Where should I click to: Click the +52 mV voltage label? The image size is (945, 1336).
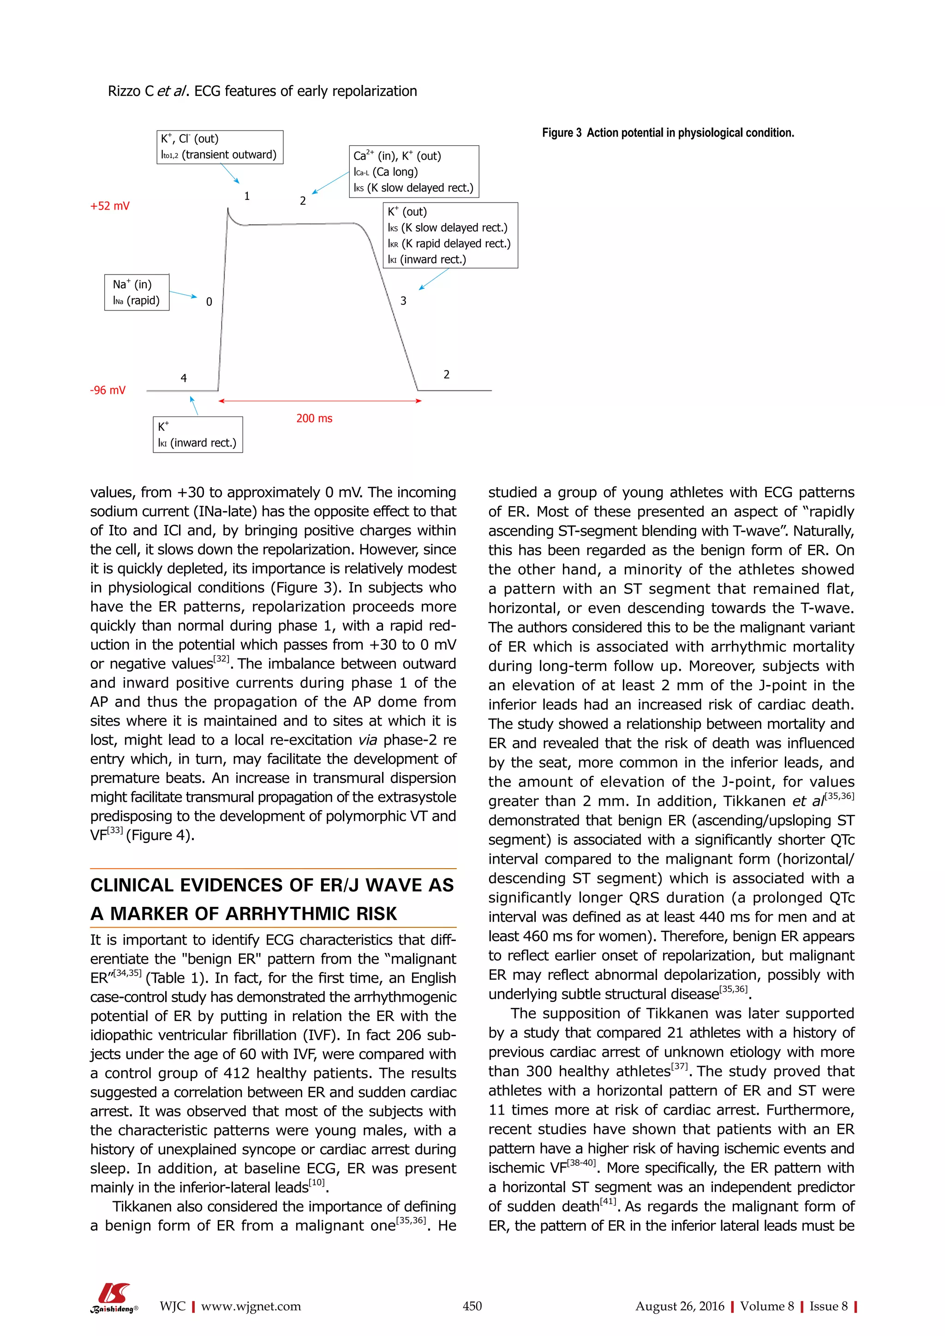coord(110,206)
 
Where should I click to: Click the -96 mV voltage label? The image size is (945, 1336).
coord(108,390)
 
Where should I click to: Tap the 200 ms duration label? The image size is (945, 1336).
coord(314,418)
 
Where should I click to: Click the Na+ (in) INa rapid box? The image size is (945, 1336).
coord(137,292)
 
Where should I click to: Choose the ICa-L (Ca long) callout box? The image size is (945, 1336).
coord(414,172)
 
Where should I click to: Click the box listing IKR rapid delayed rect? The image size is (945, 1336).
coord(450,236)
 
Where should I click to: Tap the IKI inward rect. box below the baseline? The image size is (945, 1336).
coord(197,435)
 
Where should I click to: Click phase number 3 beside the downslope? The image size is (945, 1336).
coord(403,301)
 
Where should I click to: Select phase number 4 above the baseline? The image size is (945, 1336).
coord(184,379)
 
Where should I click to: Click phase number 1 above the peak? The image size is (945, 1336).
coord(247,197)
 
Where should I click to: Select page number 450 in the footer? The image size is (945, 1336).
coord(472,1306)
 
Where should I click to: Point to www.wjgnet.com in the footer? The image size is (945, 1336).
coord(251,1306)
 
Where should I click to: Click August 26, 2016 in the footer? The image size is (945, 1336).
coord(679,1306)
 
